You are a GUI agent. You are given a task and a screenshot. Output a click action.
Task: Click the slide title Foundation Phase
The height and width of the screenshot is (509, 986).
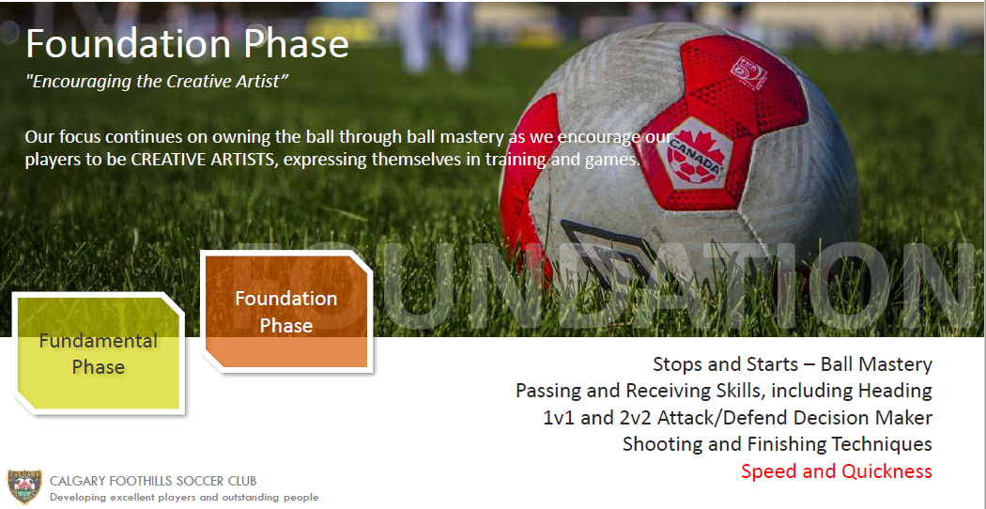tap(187, 44)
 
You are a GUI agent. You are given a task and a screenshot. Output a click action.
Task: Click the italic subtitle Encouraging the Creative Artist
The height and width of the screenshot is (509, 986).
tap(157, 82)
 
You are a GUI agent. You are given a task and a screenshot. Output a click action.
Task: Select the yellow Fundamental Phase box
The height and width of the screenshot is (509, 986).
tap(98, 354)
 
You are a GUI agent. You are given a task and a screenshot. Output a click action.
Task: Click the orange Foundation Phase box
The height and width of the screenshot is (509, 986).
tap(286, 311)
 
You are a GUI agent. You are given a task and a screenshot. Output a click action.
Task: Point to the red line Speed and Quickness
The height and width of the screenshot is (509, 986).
tap(837, 471)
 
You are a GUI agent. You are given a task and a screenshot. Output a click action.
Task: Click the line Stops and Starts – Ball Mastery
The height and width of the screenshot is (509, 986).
tap(793, 364)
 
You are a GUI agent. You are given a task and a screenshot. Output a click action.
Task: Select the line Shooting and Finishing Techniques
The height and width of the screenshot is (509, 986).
tap(778, 444)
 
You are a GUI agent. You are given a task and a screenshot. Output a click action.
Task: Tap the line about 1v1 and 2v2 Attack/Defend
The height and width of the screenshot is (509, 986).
tap(737, 418)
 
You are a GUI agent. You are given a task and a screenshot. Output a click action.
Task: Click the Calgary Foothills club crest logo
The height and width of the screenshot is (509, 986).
tap(24, 486)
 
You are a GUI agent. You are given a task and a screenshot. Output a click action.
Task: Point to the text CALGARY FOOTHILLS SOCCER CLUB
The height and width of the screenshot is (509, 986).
tap(153, 482)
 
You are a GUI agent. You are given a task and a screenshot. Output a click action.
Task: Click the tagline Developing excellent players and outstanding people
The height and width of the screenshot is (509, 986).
tap(184, 497)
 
